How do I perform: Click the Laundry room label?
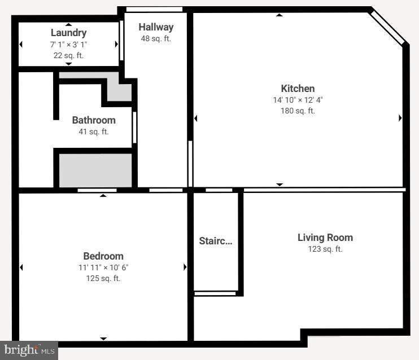[x=68, y=33]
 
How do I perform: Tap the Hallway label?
[x=156, y=27]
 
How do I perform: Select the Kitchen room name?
[x=298, y=89]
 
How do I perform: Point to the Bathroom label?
[x=94, y=120]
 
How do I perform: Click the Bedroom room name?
[x=103, y=256]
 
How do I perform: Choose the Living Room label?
[x=325, y=238]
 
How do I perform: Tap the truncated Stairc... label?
[x=215, y=241]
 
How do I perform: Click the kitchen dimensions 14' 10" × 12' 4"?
[x=298, y=100]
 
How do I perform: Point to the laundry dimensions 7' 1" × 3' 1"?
[x=68, y=44]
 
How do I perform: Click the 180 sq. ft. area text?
[x=298, y=111]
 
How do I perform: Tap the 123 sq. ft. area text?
[x=325, y=249]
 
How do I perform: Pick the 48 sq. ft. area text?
[x=156, y=38]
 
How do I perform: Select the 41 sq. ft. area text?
[x=94, y=131]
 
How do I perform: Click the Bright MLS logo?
[x=29, y=350]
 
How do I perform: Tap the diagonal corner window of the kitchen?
[x=387, y=28]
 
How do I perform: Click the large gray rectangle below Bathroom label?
[x=95, y=170]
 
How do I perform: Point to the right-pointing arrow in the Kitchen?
[x=400, y=118]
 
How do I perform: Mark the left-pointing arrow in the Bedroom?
[x=21, y=267]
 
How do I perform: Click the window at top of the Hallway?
[x=154, y=9]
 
